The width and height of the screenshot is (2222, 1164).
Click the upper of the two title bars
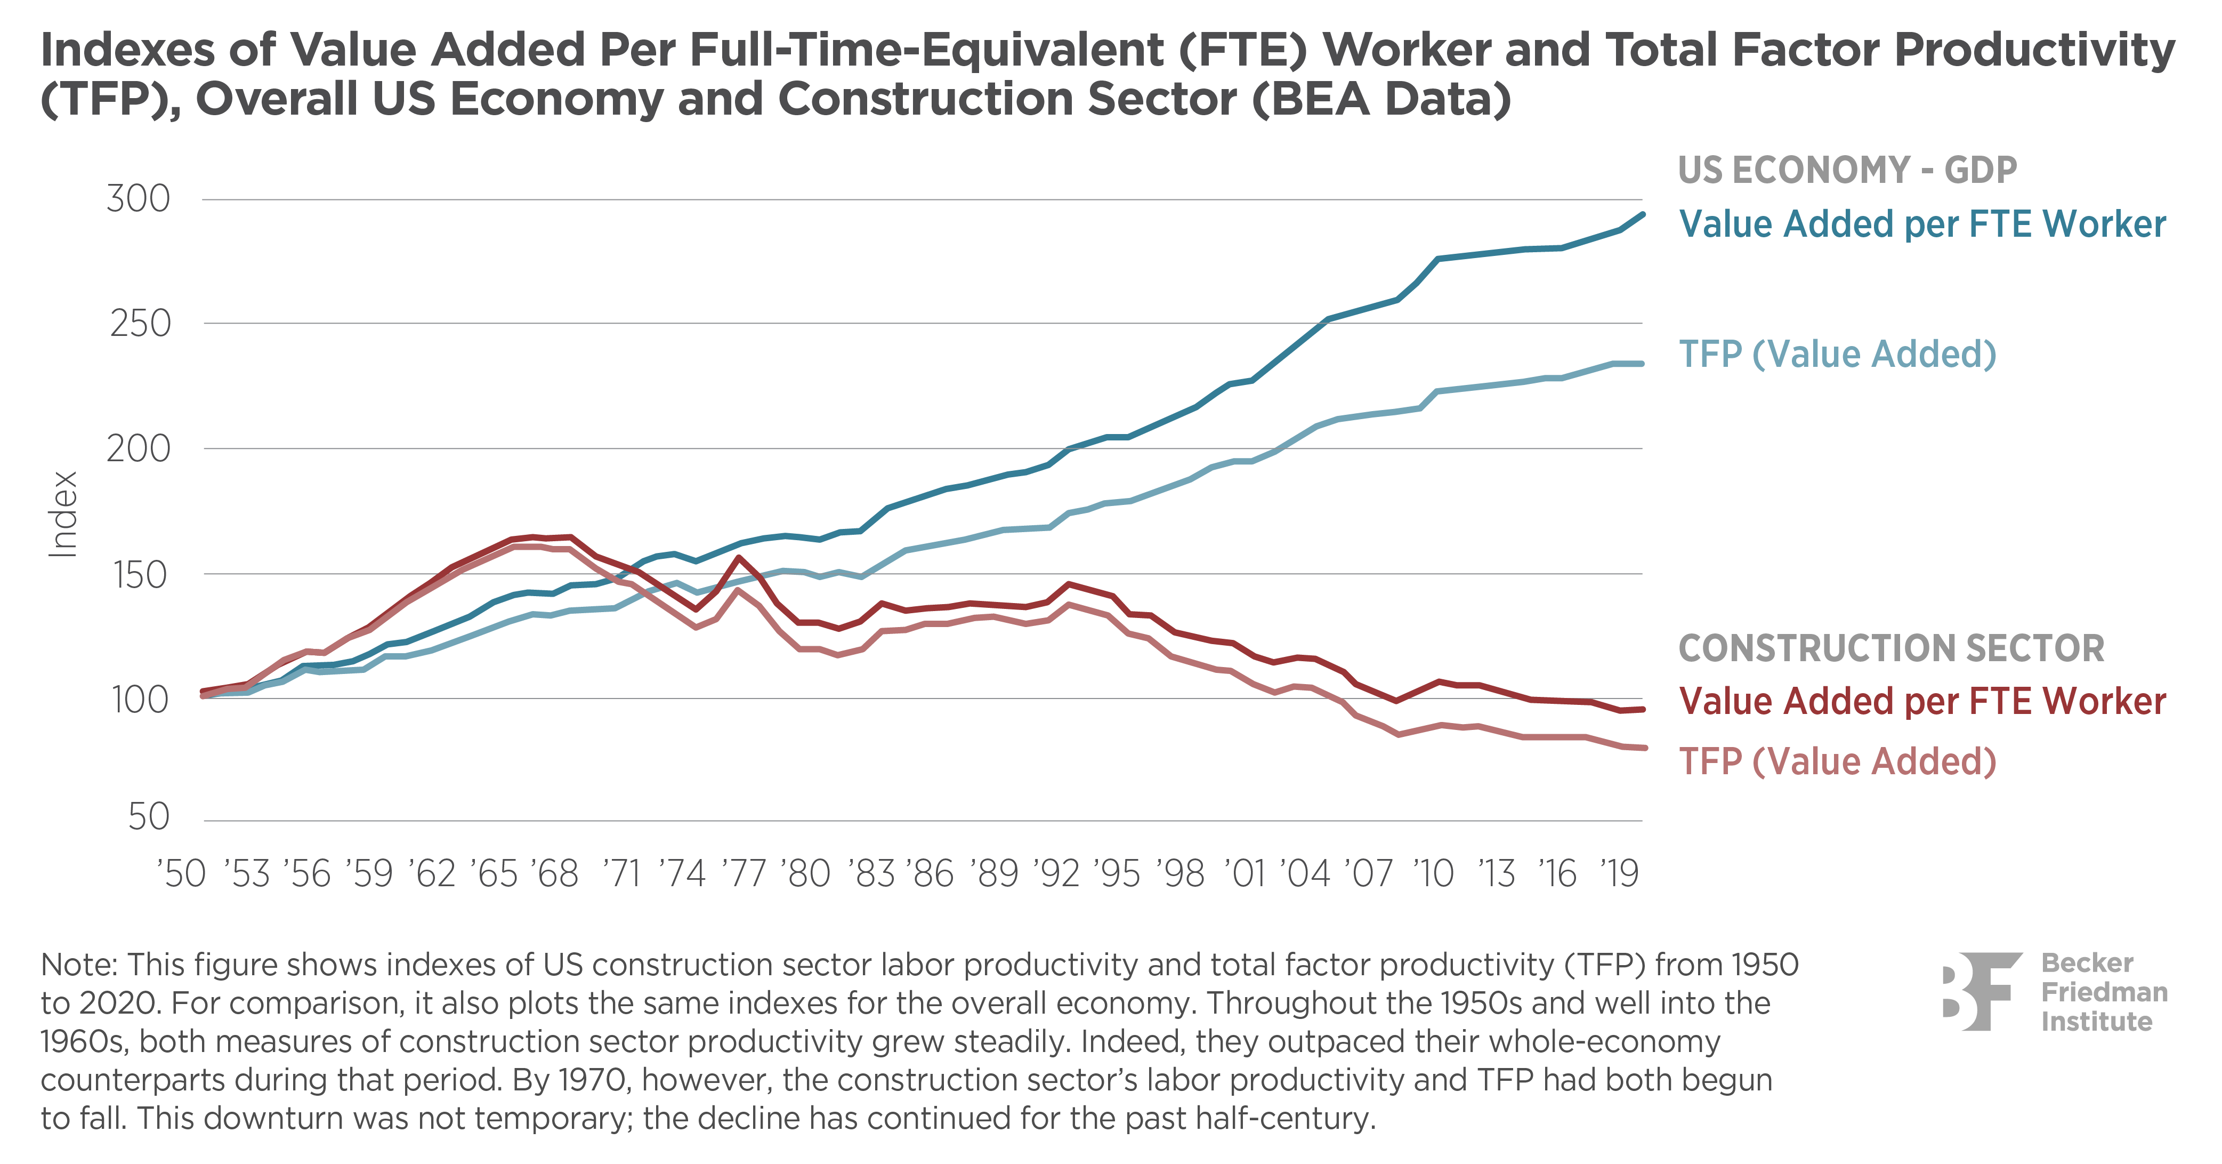click(x=1111, y=52)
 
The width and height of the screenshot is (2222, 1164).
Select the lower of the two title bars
click(x=1111, y=101)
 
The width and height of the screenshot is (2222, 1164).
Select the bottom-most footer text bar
click(x=1111, y=1119)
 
